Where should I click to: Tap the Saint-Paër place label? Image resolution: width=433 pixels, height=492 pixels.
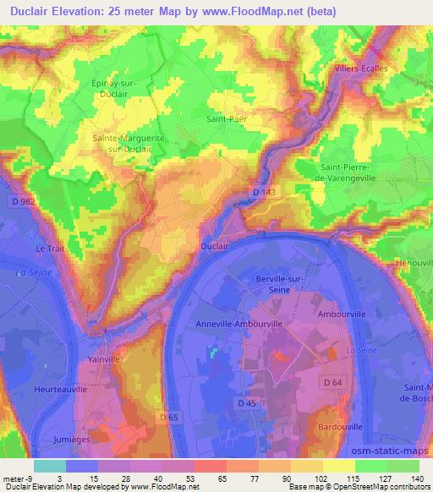pyautogui.click(x=226, y=120)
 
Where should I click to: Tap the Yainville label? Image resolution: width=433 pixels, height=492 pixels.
pyautogui.click(x=104, y=359)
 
